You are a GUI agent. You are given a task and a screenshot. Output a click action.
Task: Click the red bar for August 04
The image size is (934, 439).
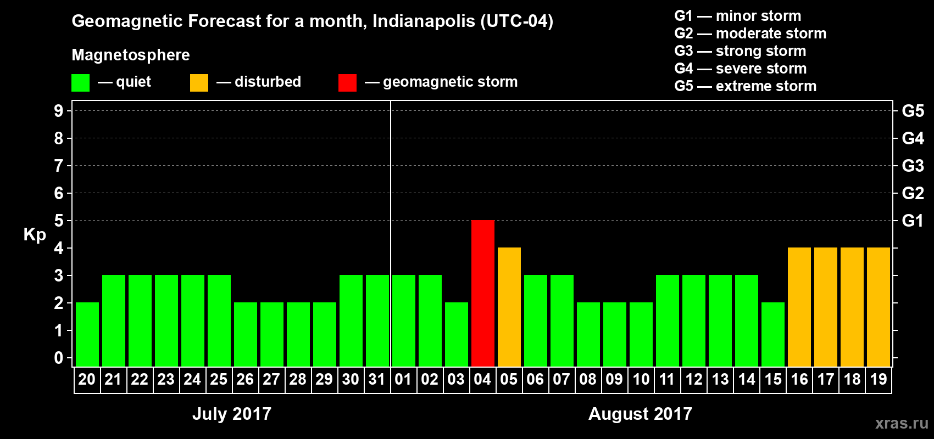pos(483,293)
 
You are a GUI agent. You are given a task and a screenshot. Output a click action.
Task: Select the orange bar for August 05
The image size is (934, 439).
pos(509,307)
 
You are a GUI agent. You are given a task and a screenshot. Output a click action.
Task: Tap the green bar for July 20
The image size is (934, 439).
pos(87,334)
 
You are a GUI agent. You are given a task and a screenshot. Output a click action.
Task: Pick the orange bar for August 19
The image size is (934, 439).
pos(879,307)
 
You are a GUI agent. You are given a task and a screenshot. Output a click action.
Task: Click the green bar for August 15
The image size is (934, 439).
pos(773,334)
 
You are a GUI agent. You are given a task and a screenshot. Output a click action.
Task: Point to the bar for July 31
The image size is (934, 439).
pos(377,320)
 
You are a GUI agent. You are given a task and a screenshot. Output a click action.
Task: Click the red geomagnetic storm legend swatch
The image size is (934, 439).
pos(347,83)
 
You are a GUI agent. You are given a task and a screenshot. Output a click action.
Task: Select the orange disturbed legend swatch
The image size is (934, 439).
pos(199,83)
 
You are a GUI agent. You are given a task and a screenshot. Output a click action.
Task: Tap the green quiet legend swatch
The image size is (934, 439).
pos(80,83)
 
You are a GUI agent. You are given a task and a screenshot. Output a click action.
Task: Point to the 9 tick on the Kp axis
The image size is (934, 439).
pos(59,111)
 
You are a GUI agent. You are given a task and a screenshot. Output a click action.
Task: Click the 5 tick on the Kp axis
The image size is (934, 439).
pos(59,221)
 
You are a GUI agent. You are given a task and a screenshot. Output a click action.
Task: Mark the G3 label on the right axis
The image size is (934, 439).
pos(913,166)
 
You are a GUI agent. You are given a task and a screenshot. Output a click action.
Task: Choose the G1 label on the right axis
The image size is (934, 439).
pos(913,221)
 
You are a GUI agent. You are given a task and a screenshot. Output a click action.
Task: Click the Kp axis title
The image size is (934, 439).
pos(35,235)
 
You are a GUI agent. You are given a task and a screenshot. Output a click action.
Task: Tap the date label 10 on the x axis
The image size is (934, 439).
pos(641,380)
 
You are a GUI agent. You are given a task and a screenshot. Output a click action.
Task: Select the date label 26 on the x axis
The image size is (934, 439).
pos(245,380)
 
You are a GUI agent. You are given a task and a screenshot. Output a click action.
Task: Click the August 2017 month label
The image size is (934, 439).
pos(640,414)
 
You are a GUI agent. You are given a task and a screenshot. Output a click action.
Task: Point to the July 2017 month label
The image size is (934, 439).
pos(232,414)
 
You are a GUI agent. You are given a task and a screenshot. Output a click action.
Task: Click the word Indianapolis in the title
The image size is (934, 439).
pos(424,21)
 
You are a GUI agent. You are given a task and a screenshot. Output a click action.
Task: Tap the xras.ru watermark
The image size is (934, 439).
pos(901,423)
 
